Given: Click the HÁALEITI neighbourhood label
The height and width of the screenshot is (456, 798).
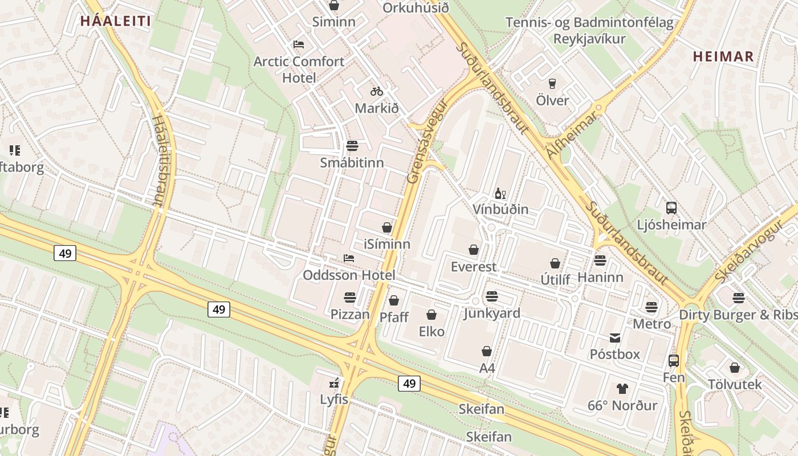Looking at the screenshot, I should click(115, 22).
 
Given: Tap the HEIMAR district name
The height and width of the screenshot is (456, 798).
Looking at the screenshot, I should click(723, 56).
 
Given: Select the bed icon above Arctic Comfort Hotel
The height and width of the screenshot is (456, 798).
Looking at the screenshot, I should click(299, 44).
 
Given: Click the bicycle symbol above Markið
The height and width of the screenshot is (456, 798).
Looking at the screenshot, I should click(377, 91).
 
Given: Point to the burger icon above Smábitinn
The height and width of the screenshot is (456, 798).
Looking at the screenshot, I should click(352, 146).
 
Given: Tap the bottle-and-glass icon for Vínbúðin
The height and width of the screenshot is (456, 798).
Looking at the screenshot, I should click(500, 194).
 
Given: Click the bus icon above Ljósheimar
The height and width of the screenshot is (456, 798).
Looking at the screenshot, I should click(671, 208).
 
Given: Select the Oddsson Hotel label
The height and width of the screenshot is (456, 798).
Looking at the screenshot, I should click(349, 275).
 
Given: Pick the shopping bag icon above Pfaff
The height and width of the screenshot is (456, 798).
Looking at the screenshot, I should click(394, 300).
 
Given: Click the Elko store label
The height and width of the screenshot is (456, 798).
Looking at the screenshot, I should click(431, 331).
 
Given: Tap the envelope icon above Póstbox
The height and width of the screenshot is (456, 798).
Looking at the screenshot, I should click(615, 338).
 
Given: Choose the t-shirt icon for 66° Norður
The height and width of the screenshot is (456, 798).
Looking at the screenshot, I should click(622, 389).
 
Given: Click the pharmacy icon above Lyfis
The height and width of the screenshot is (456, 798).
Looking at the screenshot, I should click(334, 383).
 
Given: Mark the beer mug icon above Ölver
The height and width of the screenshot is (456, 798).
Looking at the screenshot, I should click(552, 84).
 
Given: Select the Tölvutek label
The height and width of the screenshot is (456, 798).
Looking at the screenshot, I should click(735, 385).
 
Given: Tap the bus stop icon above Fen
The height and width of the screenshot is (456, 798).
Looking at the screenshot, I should click(674, 361).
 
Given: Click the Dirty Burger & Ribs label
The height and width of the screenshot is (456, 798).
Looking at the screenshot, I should click(738, 315).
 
